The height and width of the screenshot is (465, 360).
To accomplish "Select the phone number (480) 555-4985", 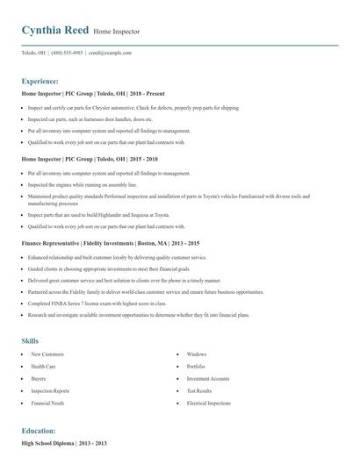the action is (x=67, y=53).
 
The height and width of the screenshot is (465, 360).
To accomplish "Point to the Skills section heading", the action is (x=30, y=340).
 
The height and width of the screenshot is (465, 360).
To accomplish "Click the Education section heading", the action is (x=39, y=431).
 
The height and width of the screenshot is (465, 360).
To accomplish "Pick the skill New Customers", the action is (x=47, y=354).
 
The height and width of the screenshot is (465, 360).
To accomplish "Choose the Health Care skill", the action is (x=43, y=366).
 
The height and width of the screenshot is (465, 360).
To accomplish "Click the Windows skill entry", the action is (x=196, y=354).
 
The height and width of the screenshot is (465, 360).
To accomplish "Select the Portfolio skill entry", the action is (x=196, y=366).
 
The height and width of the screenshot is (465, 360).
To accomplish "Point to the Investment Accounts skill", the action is (x=209, y=378).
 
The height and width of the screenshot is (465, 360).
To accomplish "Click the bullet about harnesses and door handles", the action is (x=90, y=118).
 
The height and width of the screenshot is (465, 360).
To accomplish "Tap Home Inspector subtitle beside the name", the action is (x=117, y=32).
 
